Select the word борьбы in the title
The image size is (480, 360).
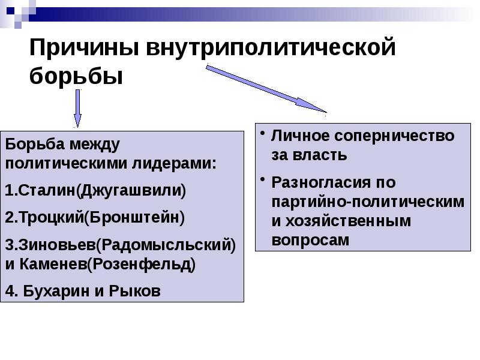76,77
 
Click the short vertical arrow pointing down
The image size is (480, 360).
77,108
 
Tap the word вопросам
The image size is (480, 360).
310,240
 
